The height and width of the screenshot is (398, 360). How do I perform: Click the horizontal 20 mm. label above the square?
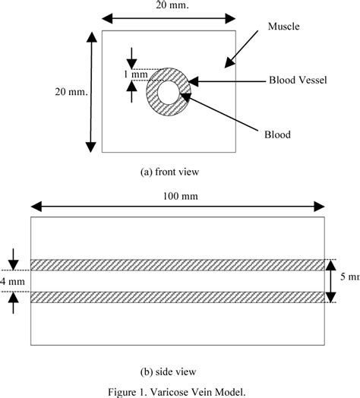click(169, 6)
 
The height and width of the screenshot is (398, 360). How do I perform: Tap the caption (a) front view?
click(169, 172)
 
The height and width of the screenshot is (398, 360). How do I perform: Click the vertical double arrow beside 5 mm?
click(330, 281)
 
